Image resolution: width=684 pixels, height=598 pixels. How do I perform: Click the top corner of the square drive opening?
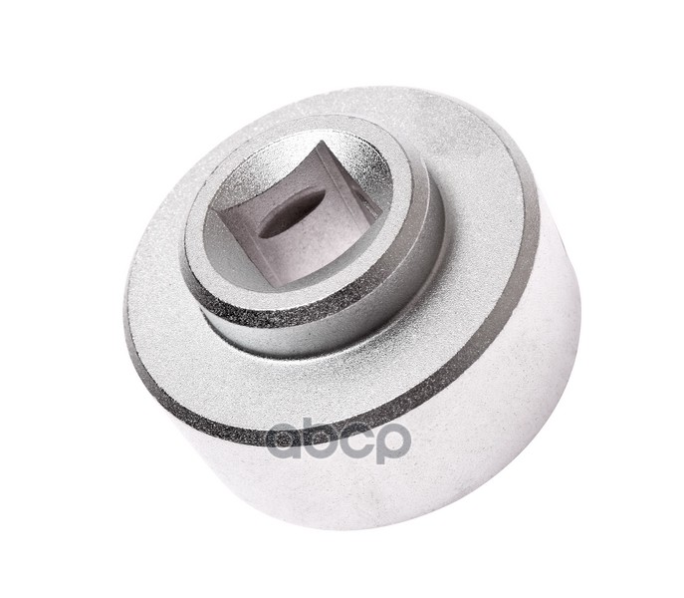click(321, 141)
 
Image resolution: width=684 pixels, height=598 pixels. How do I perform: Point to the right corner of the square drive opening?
click(383, 216)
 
